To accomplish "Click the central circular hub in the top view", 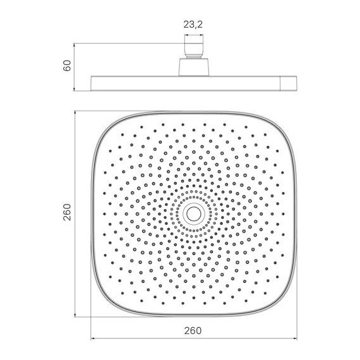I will [x=193, y=213].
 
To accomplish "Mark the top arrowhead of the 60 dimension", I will [x=76, y=45].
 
